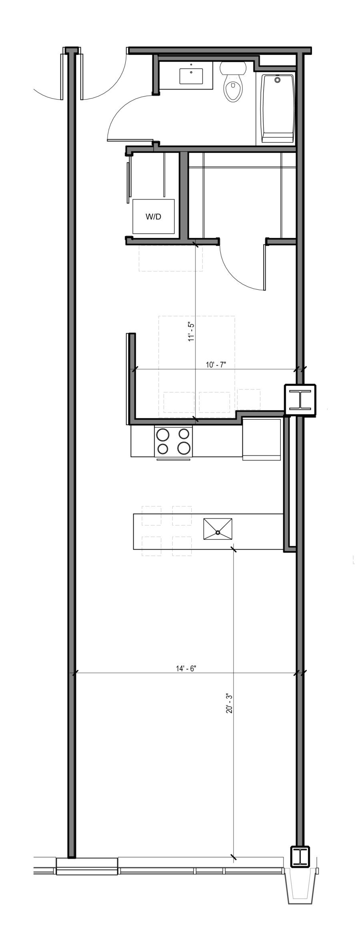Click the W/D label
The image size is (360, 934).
click(x=153, y=217)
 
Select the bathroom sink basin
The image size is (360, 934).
click(x=191, y=76)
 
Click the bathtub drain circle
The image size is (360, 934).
click(x=278, y=80)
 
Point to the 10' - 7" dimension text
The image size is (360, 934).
click(x=216, y=365)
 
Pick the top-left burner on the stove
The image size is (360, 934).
click(x=163, y=434)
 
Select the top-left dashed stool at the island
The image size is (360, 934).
click(x=152, y=516)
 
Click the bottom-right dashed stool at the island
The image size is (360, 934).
click(x=182, y=546)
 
